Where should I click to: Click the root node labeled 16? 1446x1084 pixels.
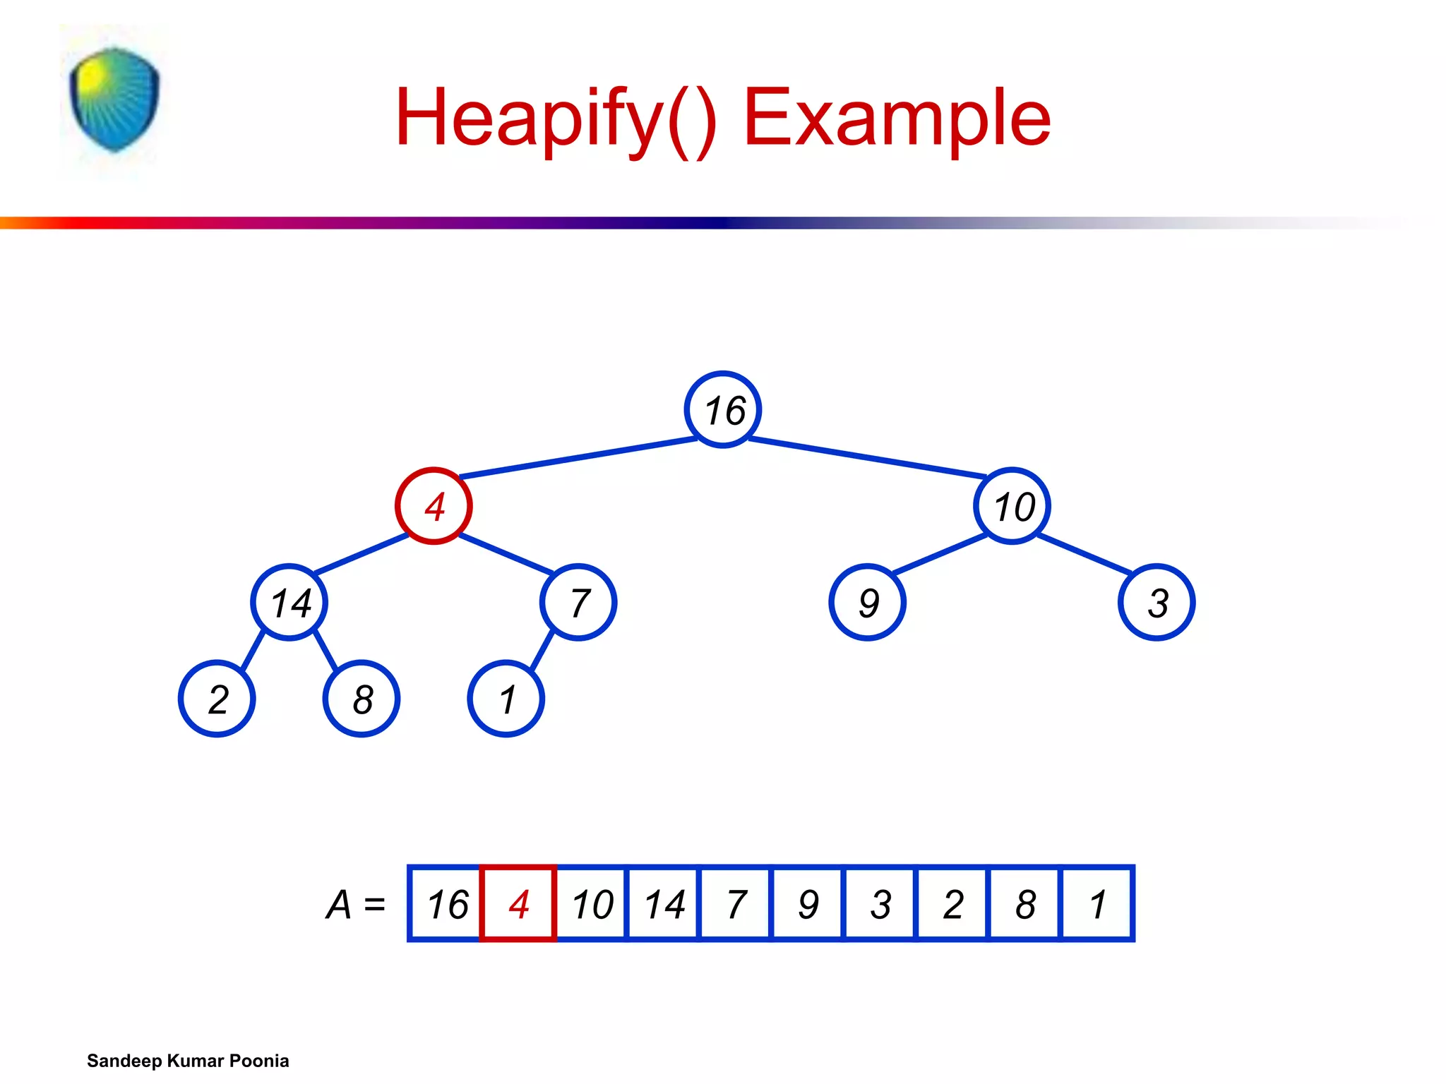click(722, 409)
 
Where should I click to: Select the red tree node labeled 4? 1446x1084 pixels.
click(434, 506)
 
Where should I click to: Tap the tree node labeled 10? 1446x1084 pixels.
click(1012, 506)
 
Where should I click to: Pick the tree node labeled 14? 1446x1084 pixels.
click(289, 603)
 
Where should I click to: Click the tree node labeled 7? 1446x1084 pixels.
click(578, 603)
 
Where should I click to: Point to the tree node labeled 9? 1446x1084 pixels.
click(867, 603)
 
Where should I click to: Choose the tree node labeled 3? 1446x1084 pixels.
click(1157, 603)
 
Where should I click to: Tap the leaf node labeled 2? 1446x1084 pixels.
click(217, 699)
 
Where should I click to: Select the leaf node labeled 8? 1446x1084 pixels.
click(361, 699)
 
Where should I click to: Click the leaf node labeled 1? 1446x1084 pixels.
click(506, 699)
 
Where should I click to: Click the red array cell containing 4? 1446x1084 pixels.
click(518, 903)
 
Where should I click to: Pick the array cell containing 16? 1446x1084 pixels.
click(446, 903)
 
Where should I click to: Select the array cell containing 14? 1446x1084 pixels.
click(663, 903)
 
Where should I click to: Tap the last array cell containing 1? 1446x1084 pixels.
click(1097, 903)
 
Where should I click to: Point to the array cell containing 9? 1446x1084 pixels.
click(808, 903)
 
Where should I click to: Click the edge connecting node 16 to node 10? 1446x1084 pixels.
click(867, 457)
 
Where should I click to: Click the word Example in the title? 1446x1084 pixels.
click(897, 118)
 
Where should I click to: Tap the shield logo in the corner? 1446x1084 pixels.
click(114, 100)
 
